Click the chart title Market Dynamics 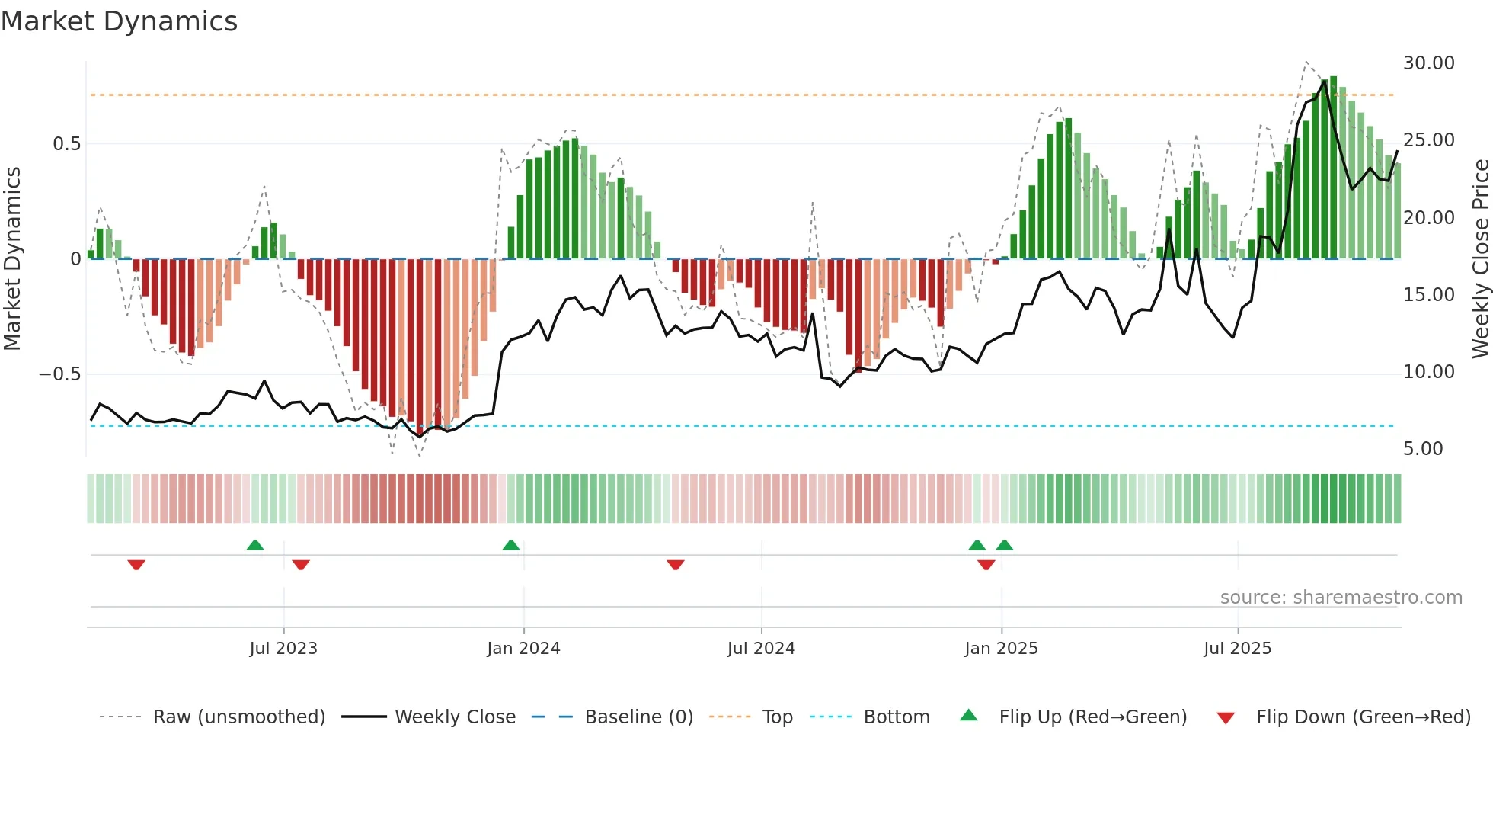pyautogui.click(x=120, y=21)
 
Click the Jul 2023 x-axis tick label pyautogui.click(x=283, y=649)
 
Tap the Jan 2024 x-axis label pyautogui.click(x=523, y=649)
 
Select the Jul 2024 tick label pyautogui.click(x=761, y=649)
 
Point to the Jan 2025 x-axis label pyautogui.click(x=1001, y=649)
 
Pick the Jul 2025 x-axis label pyautogui.click(x=1238, y=649)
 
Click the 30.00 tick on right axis pyautogui.click(x=1428, y=63)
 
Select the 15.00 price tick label pyautogui.click(x=1428, y=295)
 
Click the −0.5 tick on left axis pyautogui.click(x=59, y=374)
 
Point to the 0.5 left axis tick pyautogui.click(x=66, y=144)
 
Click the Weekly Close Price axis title pyautogui.click(x=1480, y=258)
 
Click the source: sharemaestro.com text pyautogui.click(x=1341, y=598)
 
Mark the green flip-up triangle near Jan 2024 pyautogui.click(x=511, y=546)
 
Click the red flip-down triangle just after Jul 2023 pyautogui.click(x=301, y=565)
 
